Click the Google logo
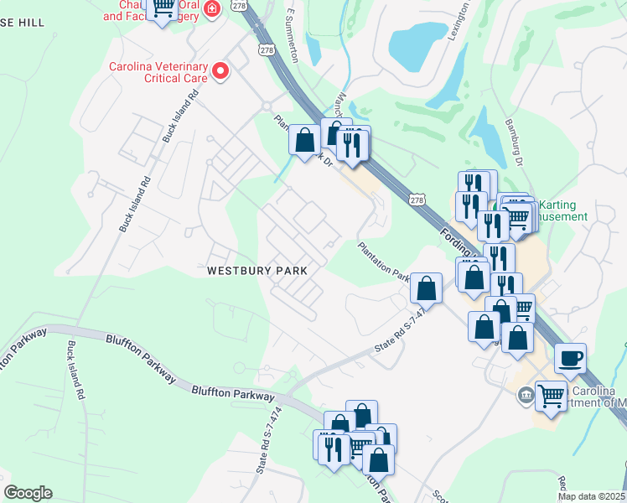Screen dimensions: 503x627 (x=28, y=493)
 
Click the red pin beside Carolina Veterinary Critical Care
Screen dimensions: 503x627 (x=220, y=70)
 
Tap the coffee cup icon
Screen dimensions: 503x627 (x=570, y=359)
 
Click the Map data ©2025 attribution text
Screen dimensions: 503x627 (x=592, y=496)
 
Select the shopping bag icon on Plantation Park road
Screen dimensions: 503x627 (x=427, y=288)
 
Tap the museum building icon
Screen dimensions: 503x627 (x=525, y=394)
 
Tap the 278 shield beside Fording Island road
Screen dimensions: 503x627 (x=417, y=198)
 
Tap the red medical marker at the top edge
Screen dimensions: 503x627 (x=213, y=8)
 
